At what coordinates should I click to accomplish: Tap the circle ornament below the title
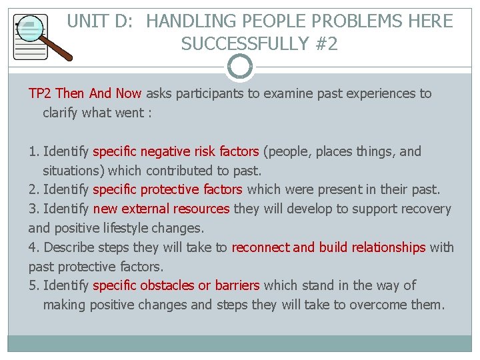coord(240,67)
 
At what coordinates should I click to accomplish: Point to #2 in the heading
coord(324,44)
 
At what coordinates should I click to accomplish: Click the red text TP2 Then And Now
coord(85,93)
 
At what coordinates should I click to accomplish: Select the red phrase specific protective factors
coord(168,190)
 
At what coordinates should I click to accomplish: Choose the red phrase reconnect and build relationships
coord(328,247)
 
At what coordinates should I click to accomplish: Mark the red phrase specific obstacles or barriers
coord(176,285)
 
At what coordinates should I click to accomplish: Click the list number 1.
coord(33,151)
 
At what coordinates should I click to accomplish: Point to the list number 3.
coord(33,209)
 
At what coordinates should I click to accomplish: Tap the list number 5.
coord(33,285)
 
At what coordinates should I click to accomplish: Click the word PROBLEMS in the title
coord(331,21)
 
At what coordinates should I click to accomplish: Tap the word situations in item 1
coord(72,171)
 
